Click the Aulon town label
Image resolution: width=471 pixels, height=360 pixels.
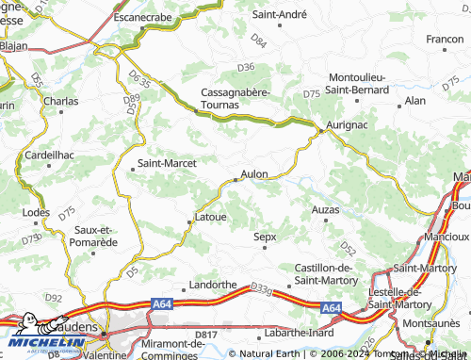[255, 173]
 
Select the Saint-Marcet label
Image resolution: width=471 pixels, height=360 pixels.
[167, 163]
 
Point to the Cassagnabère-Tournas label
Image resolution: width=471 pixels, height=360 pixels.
[235, 98]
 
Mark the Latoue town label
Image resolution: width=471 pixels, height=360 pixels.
[210, 217]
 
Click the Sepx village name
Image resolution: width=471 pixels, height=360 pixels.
[266, 237]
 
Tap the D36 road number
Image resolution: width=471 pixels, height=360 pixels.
[246, 67]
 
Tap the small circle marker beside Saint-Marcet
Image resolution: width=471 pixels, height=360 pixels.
[131, 169]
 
